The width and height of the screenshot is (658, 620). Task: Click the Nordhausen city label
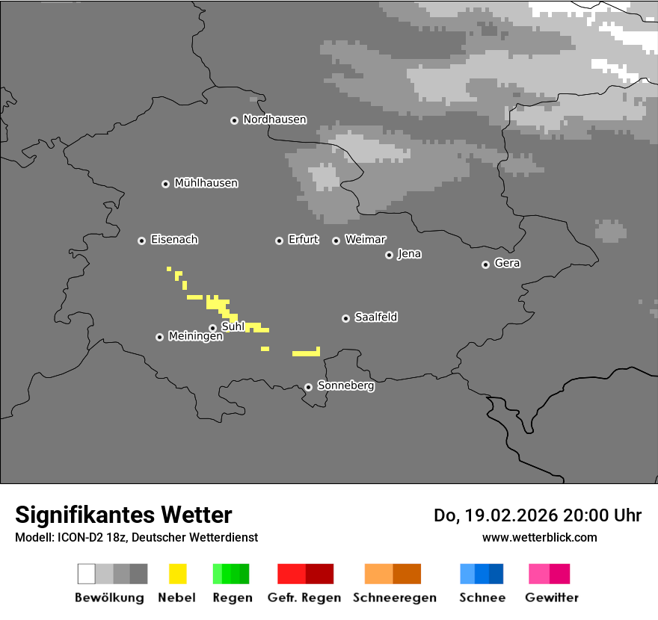click(274, 120)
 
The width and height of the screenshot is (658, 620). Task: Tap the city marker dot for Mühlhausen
click(165, 184)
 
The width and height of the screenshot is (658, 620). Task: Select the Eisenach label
click(174, 240)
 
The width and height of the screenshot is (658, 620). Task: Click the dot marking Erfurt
click(279, 241)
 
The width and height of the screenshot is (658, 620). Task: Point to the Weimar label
click(366, 240)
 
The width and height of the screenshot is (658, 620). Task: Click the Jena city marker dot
click(389, 255)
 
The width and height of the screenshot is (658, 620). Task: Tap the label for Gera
click(507, 264)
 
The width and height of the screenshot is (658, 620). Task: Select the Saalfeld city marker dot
click(345, 318)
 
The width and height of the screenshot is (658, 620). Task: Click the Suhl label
click(233, 326)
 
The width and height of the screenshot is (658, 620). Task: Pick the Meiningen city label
click(195, 337)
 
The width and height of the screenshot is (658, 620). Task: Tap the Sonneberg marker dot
click(308, 387)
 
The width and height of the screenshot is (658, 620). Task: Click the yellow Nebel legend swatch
click(177, 574)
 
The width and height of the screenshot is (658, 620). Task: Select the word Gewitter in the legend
click(552, 598)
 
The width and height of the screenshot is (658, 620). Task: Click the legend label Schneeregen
click(395, 598)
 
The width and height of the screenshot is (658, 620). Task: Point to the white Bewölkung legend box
click(87, 574)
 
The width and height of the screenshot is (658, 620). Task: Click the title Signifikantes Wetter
click(123, 515)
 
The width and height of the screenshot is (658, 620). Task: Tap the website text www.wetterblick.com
click(539, 537)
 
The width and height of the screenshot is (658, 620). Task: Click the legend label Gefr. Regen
click(304, 598)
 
